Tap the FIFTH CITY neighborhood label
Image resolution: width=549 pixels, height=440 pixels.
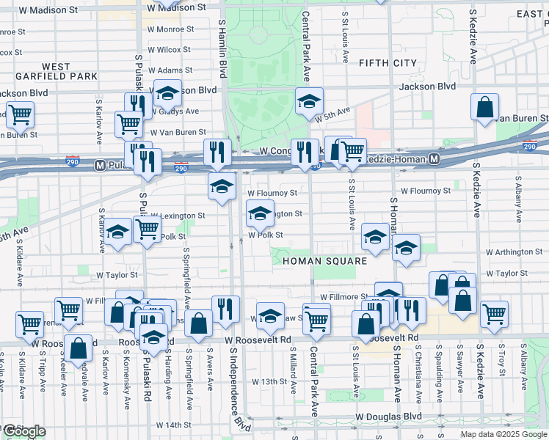(x=388, y=64)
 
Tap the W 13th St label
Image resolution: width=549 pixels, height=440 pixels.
(x=268, y=382)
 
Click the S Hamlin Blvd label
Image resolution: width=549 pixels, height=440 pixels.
(x=222, y=48)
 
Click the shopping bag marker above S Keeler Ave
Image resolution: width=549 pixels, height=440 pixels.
(x=78, y=347)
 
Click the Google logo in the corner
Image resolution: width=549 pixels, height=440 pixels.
(x=23, y=431)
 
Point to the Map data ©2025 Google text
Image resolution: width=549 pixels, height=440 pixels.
(x=503, y=434)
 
